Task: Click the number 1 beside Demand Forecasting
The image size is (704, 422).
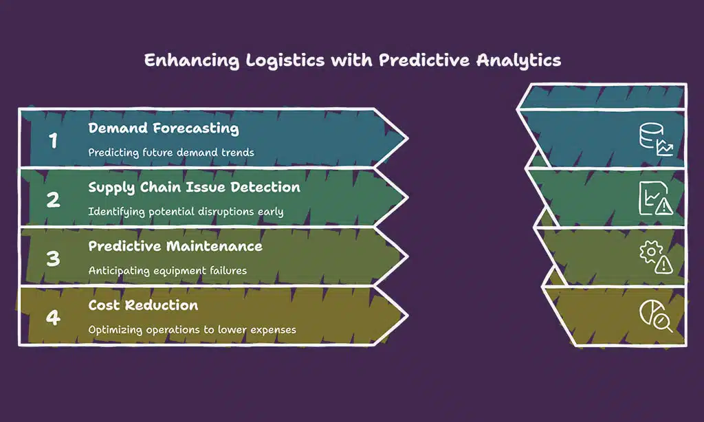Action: (53, 140)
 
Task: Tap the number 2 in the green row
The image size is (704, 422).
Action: (53, 199)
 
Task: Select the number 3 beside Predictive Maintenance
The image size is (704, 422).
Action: (53, 258)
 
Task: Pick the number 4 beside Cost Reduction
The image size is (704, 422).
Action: (53, 318)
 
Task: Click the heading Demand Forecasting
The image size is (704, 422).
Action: (164, 129)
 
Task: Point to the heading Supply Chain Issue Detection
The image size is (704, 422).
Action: (194, 188)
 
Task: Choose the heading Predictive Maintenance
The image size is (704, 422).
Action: (175, 247)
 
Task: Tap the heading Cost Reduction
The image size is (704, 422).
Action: (143, 306)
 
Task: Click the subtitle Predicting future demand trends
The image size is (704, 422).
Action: (171, 153)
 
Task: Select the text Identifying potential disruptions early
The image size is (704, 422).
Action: (186, 212)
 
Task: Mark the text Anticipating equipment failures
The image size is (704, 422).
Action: (167, 271)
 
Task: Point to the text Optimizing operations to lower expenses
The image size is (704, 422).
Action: (192, 330)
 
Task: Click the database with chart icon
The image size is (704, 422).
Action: (656, 140)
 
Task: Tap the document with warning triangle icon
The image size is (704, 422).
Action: (656, 199)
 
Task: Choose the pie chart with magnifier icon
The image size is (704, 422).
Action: (656, 316)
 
